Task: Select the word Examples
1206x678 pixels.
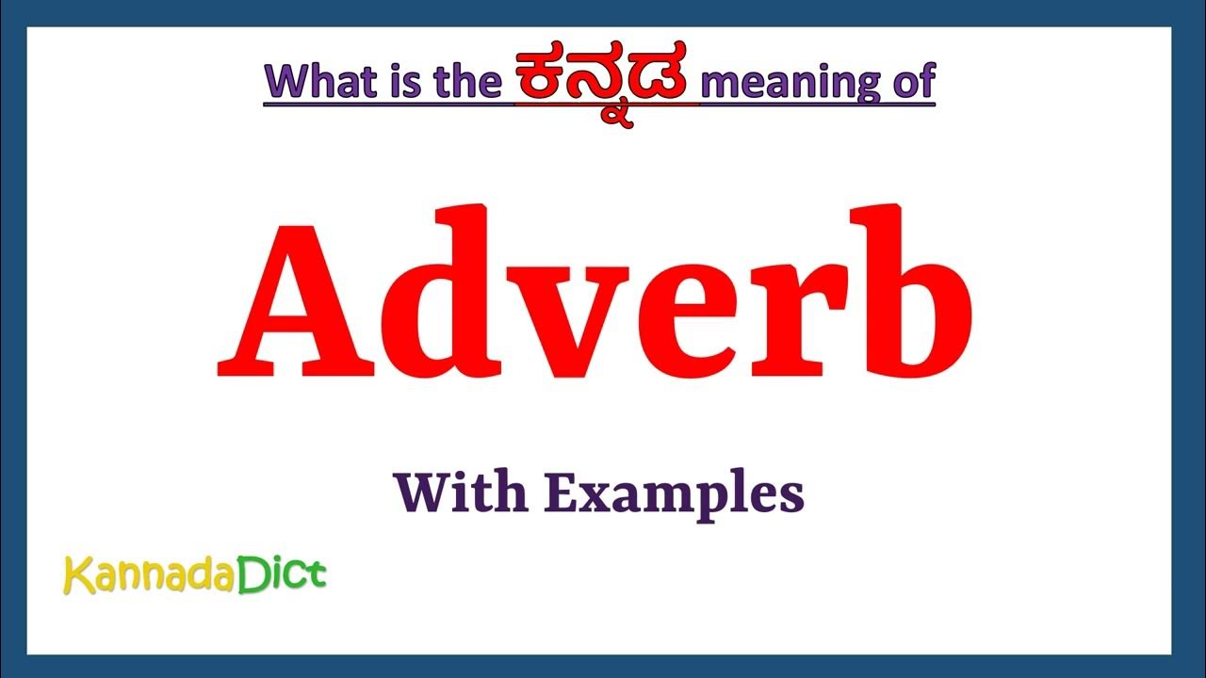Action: click(x=674, y=494)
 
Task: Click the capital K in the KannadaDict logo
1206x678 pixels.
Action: click(x=75, y=575)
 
